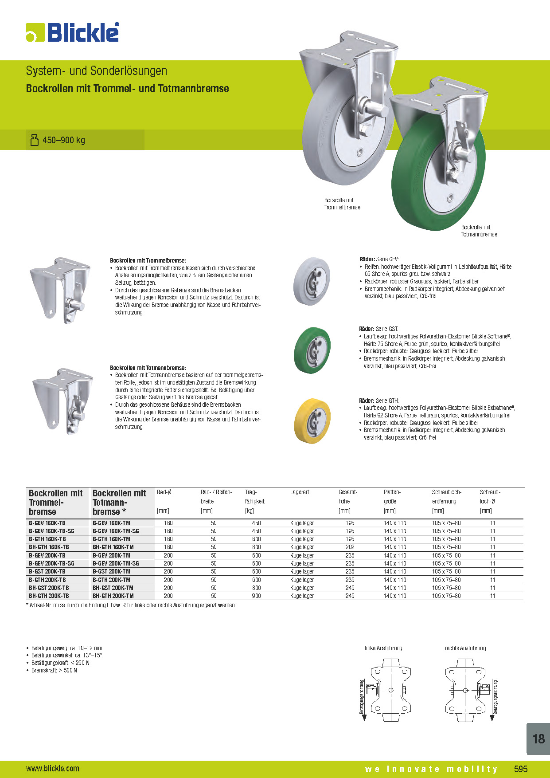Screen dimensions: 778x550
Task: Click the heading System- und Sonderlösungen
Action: (96, 71)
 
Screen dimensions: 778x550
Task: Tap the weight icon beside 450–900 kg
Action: (34, 140)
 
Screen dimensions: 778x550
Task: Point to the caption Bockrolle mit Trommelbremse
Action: (342, 204)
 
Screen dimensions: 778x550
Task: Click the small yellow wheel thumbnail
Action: (312, 420)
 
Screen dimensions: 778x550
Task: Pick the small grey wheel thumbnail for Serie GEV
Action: (312, 281)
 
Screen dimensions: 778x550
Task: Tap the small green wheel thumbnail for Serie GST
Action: (312, 350)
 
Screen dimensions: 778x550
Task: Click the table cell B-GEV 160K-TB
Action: (47, 523)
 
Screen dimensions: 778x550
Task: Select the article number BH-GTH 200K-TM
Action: (113, 596)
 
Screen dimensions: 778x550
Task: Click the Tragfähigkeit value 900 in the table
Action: (256, 596)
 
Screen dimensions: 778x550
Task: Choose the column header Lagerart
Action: (300, 492)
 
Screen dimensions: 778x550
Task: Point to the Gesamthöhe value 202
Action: (350, 547)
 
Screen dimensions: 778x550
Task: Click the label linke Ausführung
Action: (383, 648)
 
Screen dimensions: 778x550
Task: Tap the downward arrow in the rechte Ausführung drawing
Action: (492, 718)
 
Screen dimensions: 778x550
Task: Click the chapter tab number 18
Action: (538, 739)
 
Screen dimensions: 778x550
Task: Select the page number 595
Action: (521, 769)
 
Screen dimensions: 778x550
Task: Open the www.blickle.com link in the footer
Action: (53, 769)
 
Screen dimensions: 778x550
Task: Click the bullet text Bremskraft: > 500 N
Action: (54, 670)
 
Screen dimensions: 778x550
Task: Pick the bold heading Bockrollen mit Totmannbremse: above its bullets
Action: (148, 368)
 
